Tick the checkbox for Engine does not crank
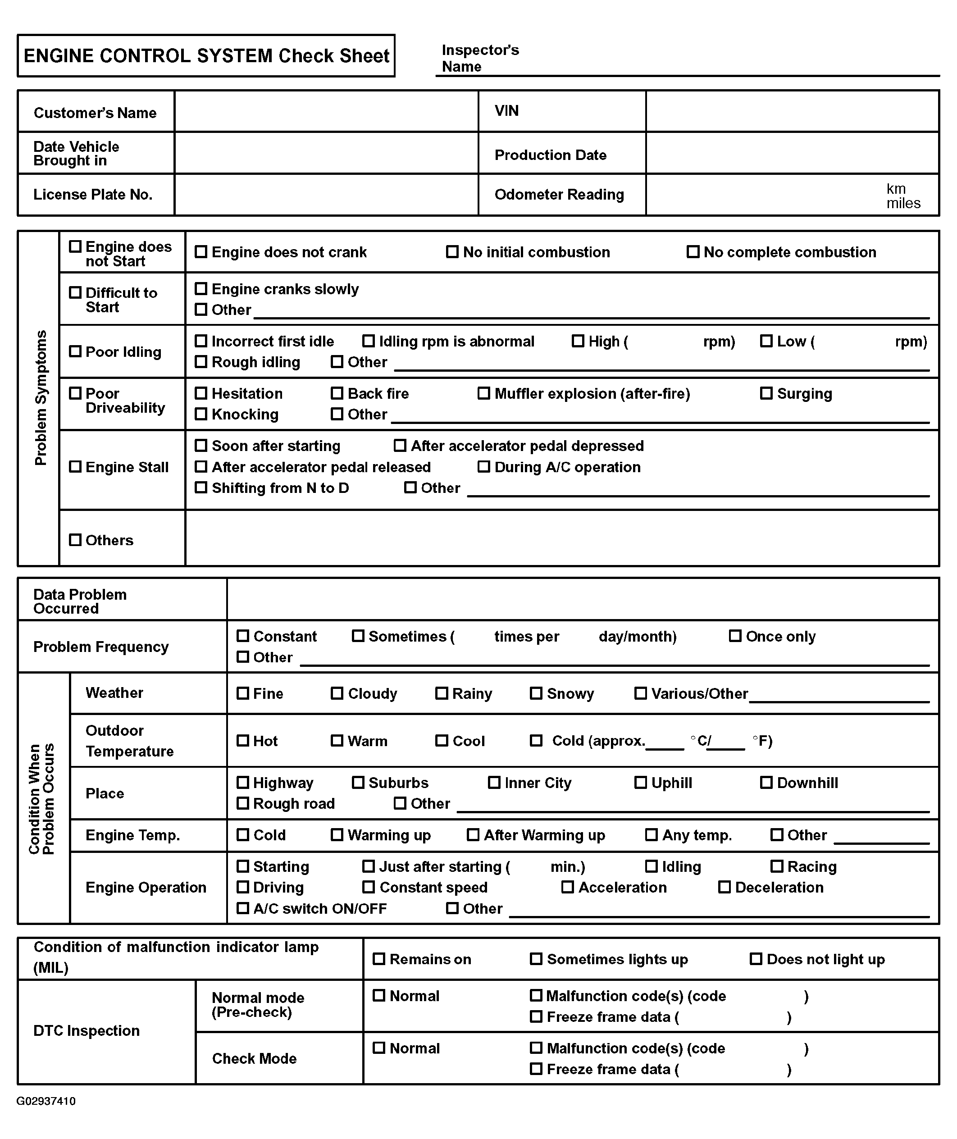coord(201,252)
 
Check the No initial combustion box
coord(452,252)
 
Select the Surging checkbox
coord(766,393)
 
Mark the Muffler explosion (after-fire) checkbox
coord(483,393)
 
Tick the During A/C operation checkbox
coord(483,467)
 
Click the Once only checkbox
coord(735,636)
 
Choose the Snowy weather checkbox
coord(536,693)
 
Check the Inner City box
coord(494,783)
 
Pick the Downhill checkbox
coord(766,783)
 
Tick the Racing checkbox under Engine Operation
coord(777,866)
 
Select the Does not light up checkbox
coord(756,959)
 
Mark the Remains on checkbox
coord(378,959)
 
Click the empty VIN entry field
coord(792,111)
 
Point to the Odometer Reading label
coord(559,195)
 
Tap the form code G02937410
coord(46,1101)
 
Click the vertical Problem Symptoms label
coord(41,397)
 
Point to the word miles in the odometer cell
coord(903,203)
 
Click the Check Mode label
coord(254,1059)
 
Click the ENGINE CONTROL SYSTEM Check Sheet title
coord(206,56)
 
